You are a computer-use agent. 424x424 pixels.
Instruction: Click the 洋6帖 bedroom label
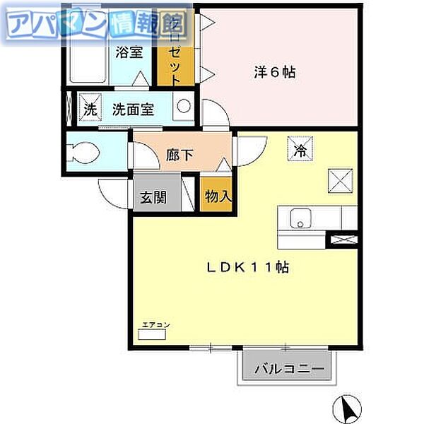[274, 71]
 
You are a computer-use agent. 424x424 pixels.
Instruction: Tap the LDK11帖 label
[247, 267]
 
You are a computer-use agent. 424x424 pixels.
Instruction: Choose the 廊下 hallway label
[180, 155]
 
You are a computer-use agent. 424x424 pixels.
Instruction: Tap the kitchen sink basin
[300, 221]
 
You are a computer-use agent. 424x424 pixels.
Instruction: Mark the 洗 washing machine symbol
[89, 110]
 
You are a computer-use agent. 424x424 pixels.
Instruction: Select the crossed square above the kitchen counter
[338, 180]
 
